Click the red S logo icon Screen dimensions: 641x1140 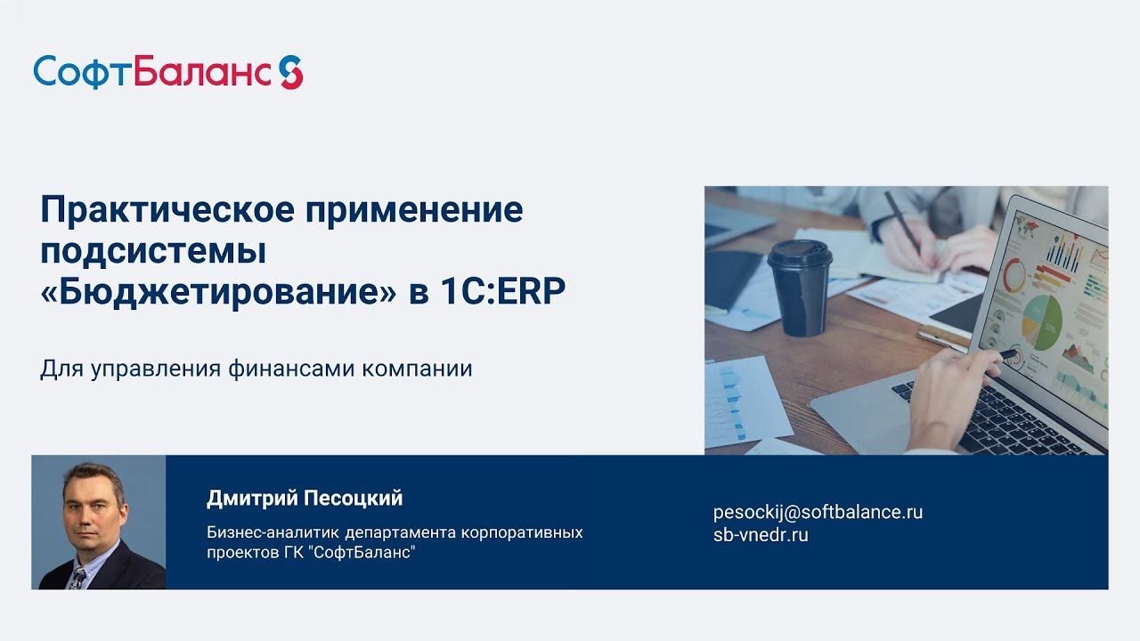click(290, 72)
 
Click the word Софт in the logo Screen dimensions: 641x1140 click(82, 72)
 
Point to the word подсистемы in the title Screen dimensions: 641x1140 click(153, 252)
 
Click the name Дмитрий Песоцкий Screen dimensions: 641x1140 click(305, 499)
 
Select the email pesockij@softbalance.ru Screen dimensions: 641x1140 click(818, 512)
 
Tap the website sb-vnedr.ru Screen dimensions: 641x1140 click(761, 535)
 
